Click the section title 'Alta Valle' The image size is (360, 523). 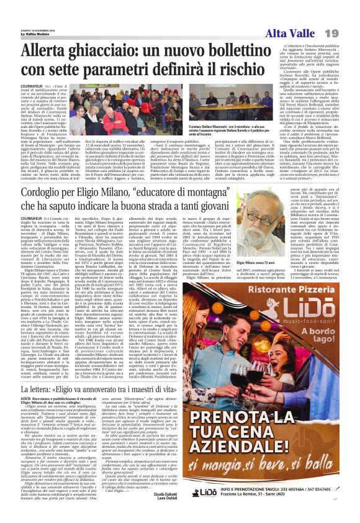tap(294, 33)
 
